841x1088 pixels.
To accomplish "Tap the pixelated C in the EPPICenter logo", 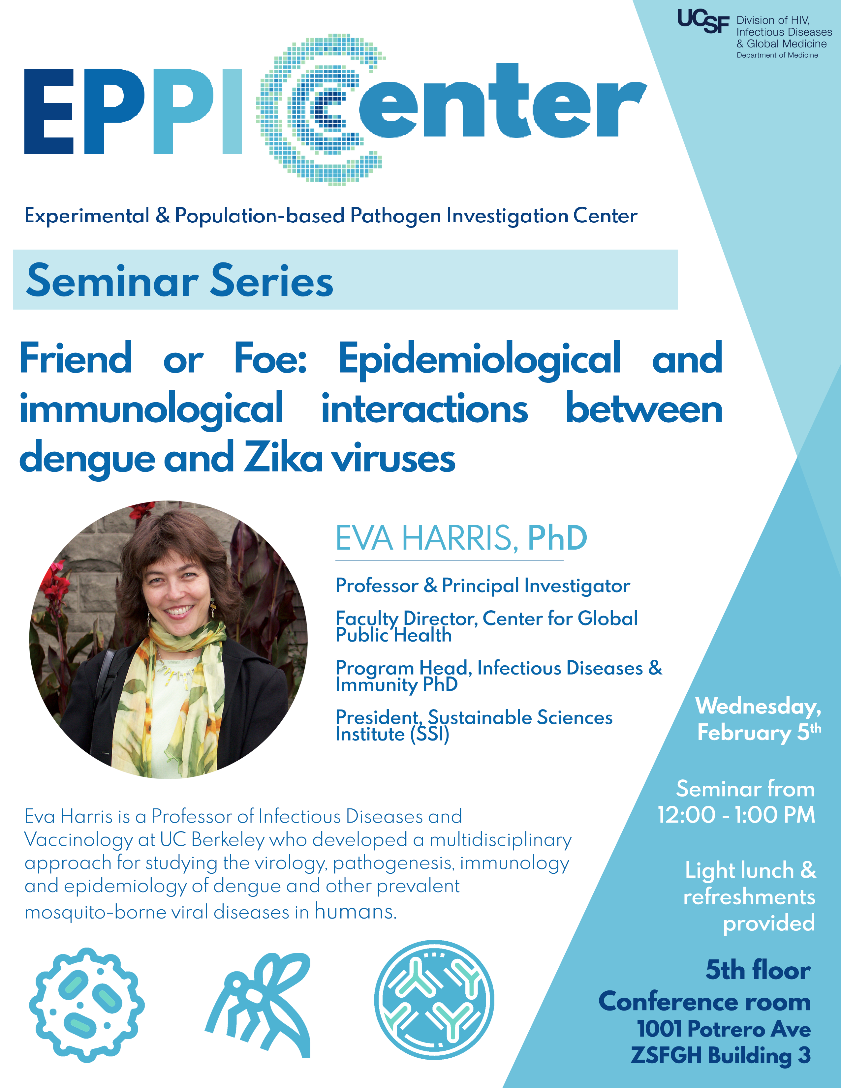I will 319,109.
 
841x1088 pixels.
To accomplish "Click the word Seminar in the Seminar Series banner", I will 112,281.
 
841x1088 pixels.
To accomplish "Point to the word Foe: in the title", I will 270,359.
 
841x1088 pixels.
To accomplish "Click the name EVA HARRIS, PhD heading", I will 461,538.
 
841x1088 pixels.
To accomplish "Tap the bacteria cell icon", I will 86,1004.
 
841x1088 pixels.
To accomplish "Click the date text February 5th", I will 758,732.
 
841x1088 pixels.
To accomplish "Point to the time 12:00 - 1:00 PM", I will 736,815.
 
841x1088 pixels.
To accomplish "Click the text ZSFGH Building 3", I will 720,1055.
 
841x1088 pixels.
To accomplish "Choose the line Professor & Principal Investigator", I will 482,586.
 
